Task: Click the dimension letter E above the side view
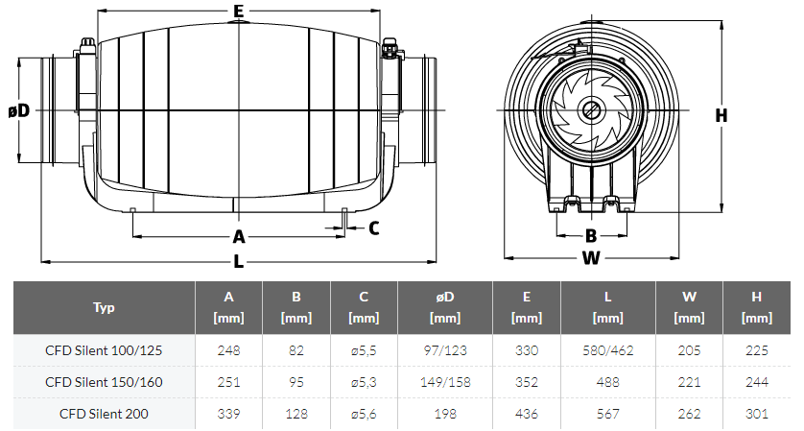(239, 11)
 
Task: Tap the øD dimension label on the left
(19, 109)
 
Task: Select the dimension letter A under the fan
(239, 236)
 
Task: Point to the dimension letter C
(374, 227)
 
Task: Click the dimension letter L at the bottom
(239, 262)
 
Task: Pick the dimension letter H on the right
(721, 115)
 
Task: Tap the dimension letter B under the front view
(591, 235)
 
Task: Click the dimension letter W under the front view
(591, 257)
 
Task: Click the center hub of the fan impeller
(591, 109)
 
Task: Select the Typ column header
(104, 307)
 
